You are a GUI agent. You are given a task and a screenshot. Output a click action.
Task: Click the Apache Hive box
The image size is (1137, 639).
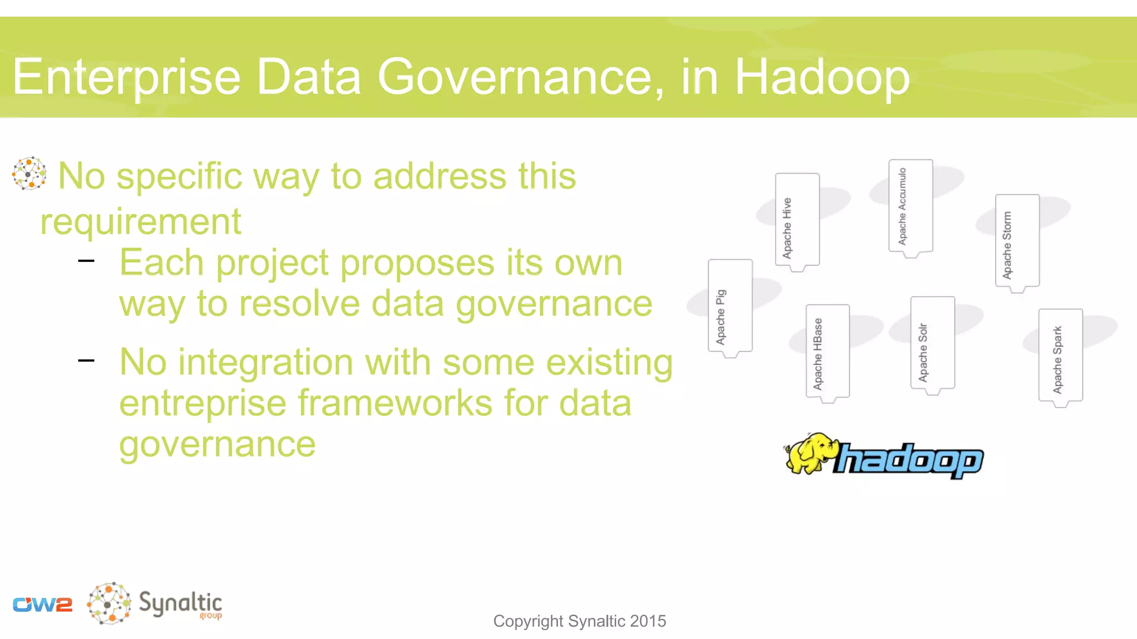click(797, 221)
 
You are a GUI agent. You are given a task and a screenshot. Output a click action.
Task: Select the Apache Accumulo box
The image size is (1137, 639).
click(910, 206)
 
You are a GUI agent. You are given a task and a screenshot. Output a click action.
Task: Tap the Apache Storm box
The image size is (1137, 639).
click(1017, 241)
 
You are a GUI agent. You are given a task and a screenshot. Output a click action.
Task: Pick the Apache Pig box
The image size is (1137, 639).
click(730, 306)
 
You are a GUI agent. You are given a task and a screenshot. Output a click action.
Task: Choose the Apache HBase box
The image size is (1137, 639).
click(827, 352)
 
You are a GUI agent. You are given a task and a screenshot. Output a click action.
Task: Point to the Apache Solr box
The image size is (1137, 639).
click(932, 343)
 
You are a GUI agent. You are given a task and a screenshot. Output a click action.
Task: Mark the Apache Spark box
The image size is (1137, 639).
click(1060, 356)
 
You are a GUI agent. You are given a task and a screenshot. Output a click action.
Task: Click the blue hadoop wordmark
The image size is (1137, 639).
click(909, 460)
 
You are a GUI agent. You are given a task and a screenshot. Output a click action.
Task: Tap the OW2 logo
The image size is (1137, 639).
click(43, 604)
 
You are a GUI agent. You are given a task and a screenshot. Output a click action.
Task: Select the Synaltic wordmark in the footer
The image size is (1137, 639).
click(180, 603)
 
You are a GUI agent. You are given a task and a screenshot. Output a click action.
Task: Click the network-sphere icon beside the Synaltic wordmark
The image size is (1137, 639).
click(109, 603)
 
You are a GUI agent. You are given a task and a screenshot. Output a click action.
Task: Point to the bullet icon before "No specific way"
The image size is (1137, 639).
click(29, 174)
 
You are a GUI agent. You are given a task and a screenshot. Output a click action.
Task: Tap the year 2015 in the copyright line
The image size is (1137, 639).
click(648, 621)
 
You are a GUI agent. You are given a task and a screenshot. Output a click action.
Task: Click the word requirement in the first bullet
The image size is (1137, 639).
click(140, 222)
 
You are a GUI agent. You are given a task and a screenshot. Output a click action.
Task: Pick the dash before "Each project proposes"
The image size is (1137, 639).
click(87, 260)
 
